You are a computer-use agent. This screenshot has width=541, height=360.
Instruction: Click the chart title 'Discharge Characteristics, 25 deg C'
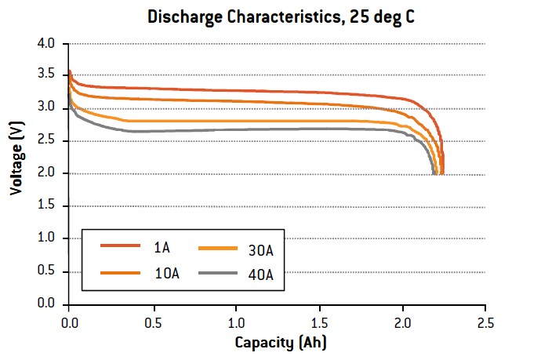(x=281, y=17)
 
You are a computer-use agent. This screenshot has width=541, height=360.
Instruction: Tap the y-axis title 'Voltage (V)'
(x=17, y=158)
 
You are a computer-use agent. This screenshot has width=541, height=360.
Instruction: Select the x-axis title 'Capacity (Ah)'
(x=281, y=343)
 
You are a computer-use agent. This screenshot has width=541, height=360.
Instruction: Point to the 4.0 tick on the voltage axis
(x=46, y=43)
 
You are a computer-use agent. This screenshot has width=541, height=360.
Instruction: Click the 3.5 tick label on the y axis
(x=46, y=75)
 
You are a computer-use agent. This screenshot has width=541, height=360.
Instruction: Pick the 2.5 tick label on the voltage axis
(x=46, y=140)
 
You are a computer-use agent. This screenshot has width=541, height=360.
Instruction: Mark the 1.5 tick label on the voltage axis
(x=46, y=205)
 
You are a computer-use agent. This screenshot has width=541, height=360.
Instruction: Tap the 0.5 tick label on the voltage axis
(x=46, y=271)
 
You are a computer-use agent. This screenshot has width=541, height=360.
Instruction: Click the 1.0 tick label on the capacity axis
(x=236, y=323)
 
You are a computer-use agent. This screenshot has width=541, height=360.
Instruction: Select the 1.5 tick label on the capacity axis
(x=320, y=323)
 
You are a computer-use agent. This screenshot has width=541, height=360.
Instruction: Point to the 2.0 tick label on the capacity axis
(x=403, y=323)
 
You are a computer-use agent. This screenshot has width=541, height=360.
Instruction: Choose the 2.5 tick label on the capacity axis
(x=486, y=323)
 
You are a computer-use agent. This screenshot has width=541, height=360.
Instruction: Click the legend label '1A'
(x=162, y=248)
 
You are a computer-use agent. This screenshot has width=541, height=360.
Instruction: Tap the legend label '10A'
(x=167, y=274)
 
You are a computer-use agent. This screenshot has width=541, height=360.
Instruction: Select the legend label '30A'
(x=261, y=250)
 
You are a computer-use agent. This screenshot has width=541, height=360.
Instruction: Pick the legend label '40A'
(x=261, y=275)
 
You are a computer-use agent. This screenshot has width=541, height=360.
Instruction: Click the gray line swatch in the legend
(x=218, y=273)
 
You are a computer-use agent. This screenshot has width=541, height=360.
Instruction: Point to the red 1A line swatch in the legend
(x=121, y=245)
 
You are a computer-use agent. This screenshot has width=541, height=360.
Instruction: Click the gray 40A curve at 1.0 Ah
(x=236, y=129)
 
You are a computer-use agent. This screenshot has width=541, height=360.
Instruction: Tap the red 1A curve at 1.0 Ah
(x=236, y=91)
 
